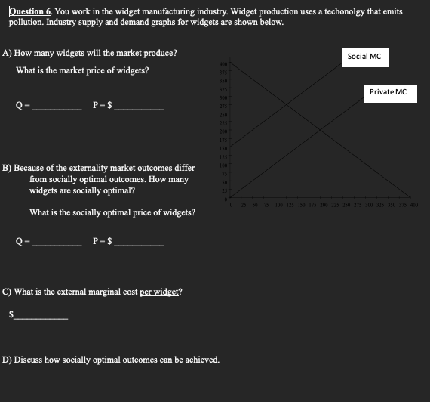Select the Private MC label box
click(388, 92)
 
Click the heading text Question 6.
click(29, 12)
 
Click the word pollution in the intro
click(29, 23)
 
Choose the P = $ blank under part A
click(137, 109)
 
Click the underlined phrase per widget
click(160, 292)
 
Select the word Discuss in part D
click(29, 360)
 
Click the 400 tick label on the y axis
click(223, 63)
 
